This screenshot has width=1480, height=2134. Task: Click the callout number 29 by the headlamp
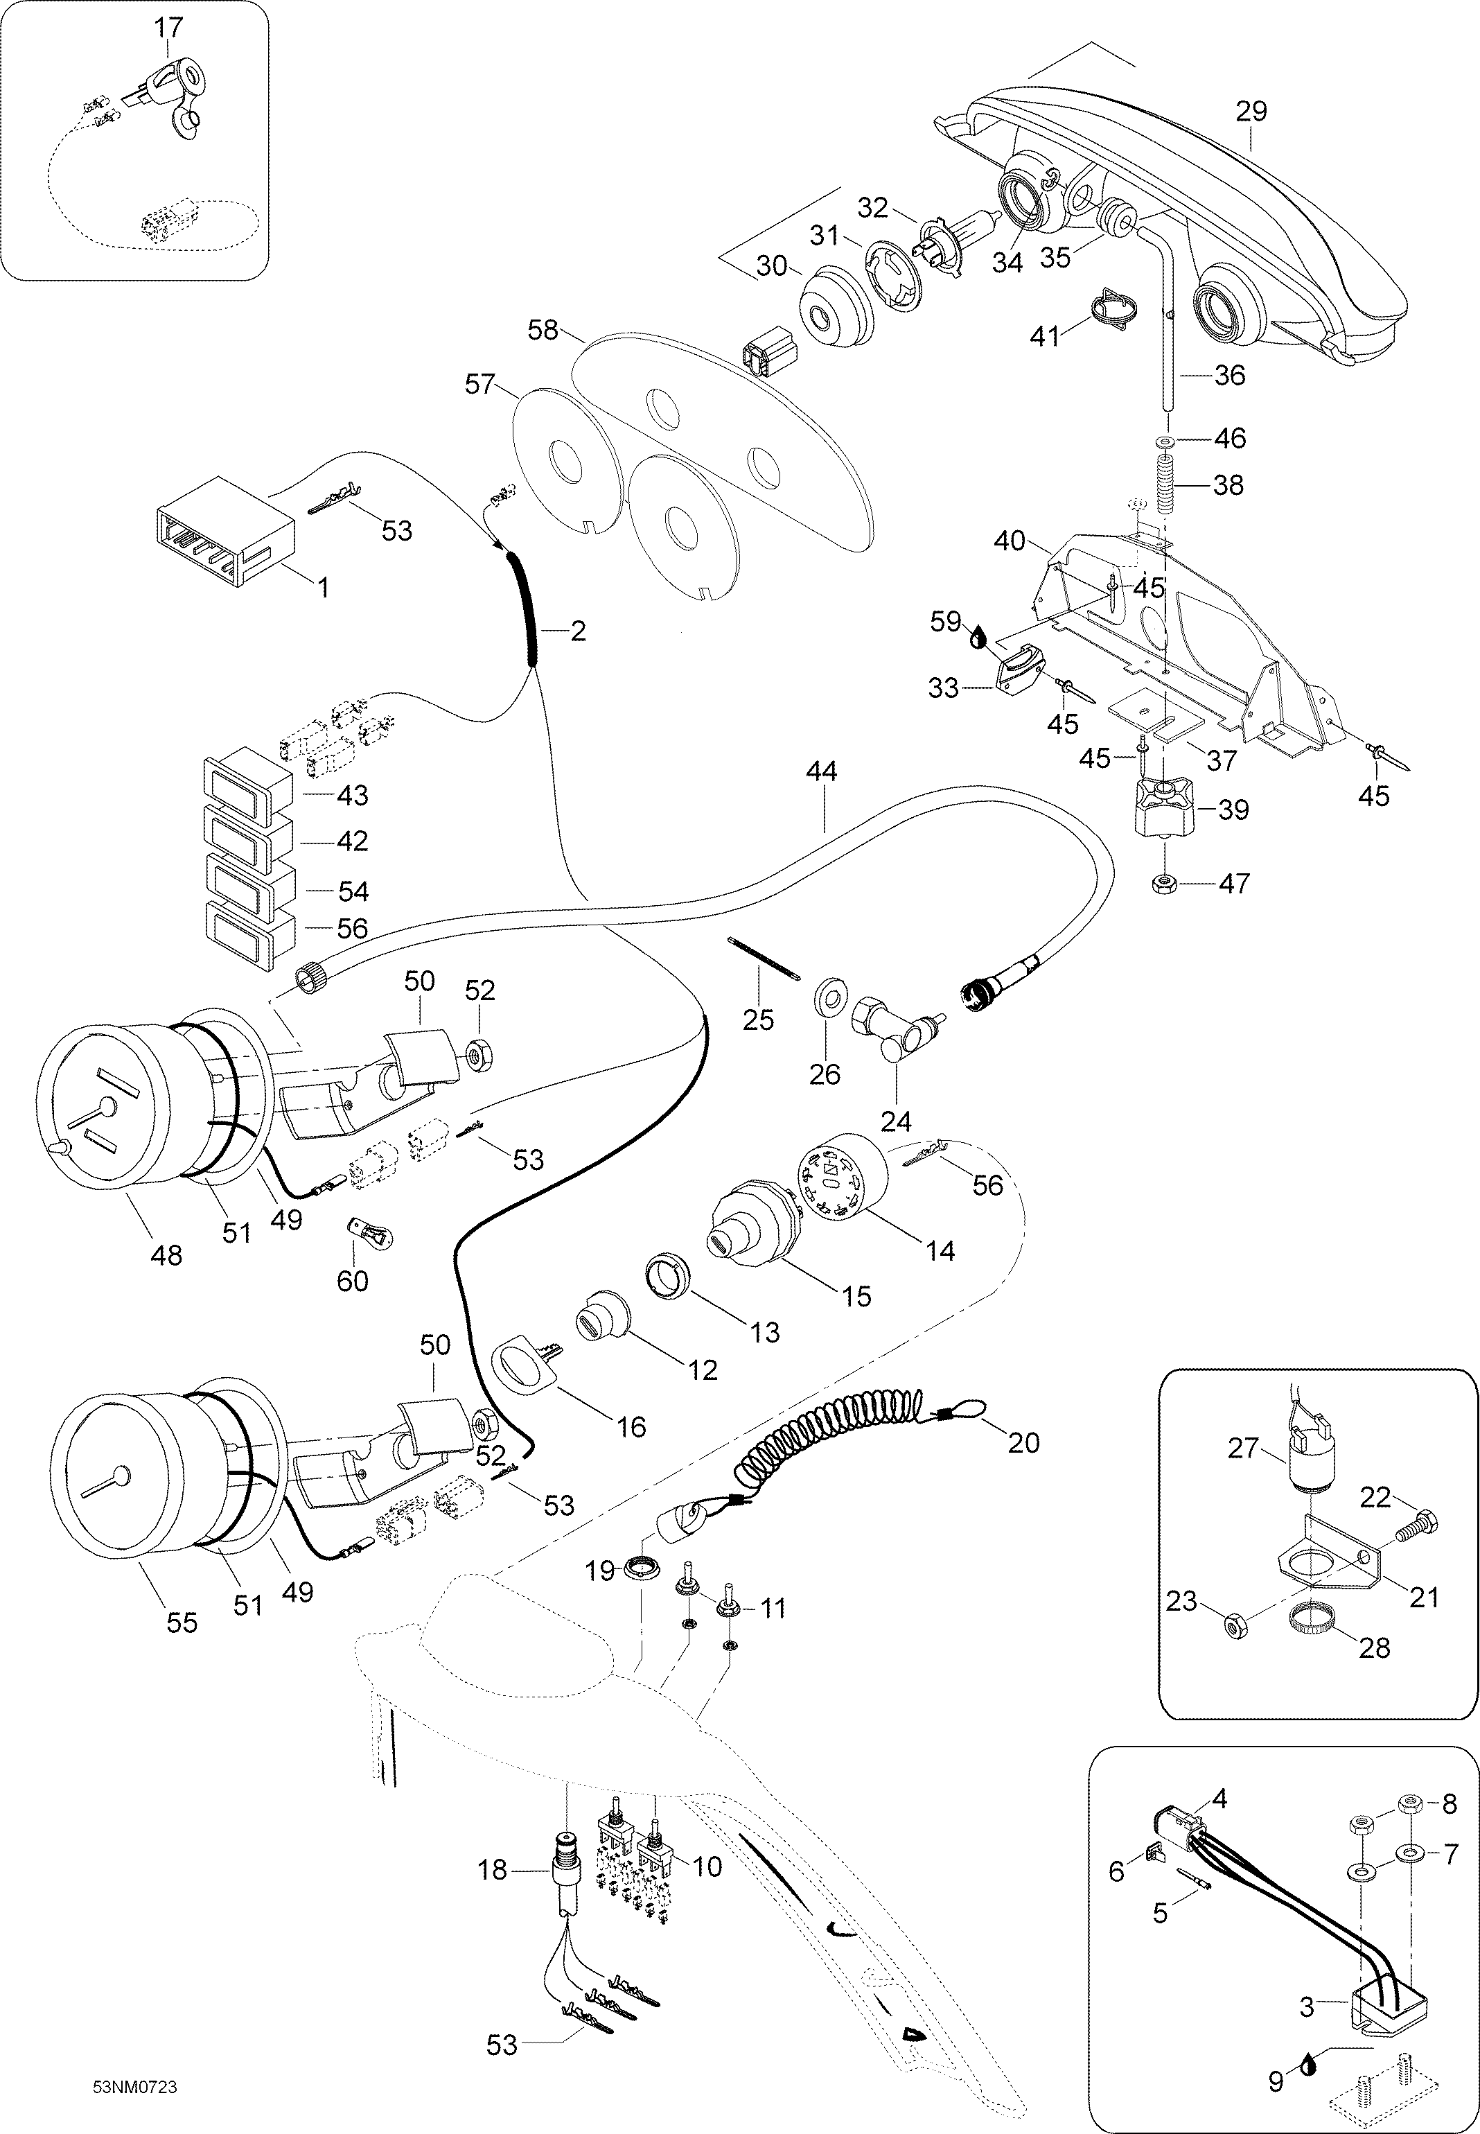tap(1251, 112)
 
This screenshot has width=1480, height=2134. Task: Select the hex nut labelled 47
tap(1163, 884)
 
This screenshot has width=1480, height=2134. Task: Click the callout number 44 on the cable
tap(822, 771)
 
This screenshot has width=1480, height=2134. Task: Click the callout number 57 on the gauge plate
tap(480, 384)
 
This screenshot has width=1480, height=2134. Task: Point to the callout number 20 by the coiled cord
tap(1024, 1442)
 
